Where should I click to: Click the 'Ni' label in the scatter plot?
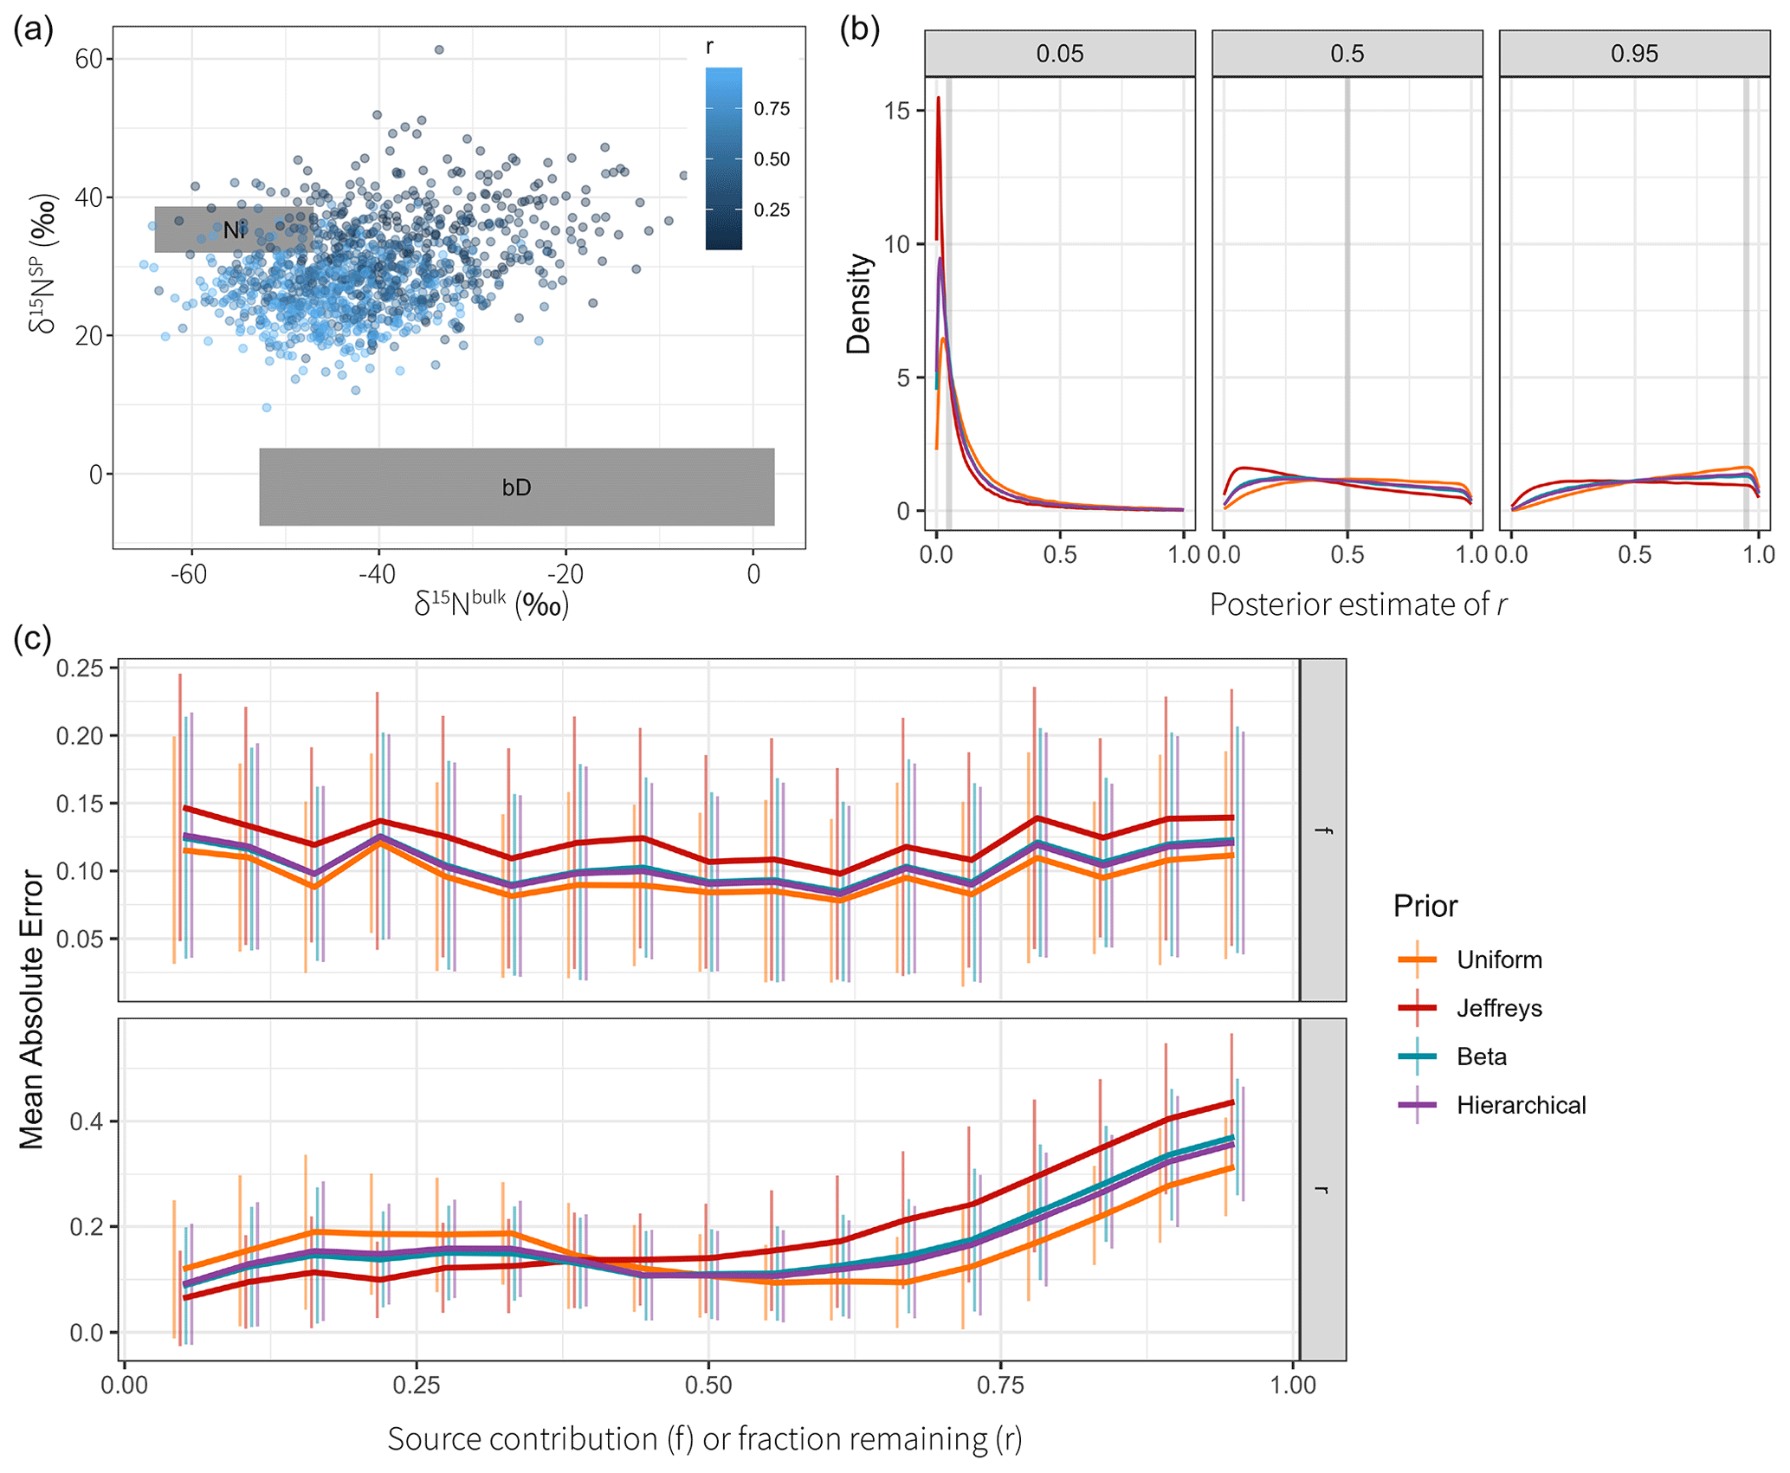[234, 230]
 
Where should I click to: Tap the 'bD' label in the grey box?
[516, 488]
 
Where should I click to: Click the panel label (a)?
[34, 29]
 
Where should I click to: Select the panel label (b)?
[860, 29]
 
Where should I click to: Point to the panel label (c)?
[33, 638]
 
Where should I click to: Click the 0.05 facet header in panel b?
[1059, 54]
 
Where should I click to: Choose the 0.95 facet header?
[1633, 54]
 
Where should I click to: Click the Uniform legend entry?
[1499, 959]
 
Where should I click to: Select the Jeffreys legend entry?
[1499, 1008]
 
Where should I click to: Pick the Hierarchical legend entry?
[1521, 1105]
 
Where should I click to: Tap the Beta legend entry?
[1481, 1056]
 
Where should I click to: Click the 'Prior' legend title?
[1425, 906]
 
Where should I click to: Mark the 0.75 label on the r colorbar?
[772, 109]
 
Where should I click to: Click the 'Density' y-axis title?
[858, 304]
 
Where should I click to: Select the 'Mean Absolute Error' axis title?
[32, 1010]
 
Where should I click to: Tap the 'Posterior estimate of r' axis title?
[1357, 604]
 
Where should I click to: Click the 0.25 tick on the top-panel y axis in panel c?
[80, 668]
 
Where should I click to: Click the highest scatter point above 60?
[439, 50]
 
